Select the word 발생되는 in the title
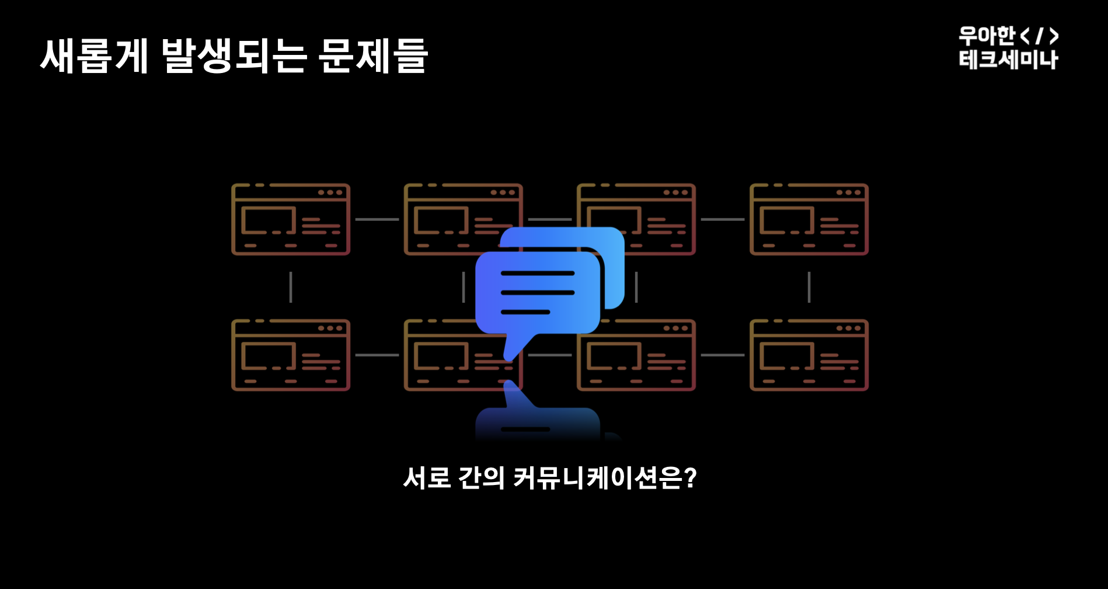pyautogui.click(x=234, y=56)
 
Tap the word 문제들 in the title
pyautogui.click(x=374, y=56)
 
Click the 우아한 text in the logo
pyautogui.click(x=987, y=36)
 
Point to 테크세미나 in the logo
pyautogui.click(x=1008, y=60)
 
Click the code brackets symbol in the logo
pyautogui.click(x=1039, y=36)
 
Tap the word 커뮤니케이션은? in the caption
pyautogui.click(x=605, y=478)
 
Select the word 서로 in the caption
pyautogui.click(x=427, y=478)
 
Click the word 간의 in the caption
pyautogui.click(x=481, y=478)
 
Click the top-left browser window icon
pyautogui.click(x=291, y=219)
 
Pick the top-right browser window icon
pyautogui.click(x=809, y=219)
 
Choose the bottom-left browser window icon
pyautogui.click(x=291, y=355)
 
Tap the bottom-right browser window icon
pyautogui.click(x=809, y=355)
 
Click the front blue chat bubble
pyautogui.click(x=537, y=292)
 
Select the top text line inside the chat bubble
pyautogui.click(x=538, y=273)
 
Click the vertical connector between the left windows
pyautogui.click(x=291, y=287)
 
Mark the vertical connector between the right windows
pyautogui.click(x=809, y=287)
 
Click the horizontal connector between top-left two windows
pyautogui.click(x=377, y=219)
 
